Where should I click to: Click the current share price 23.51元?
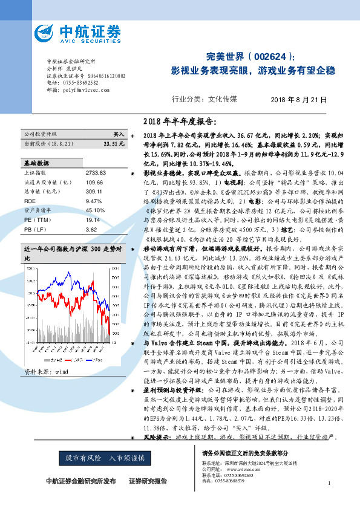114,144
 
